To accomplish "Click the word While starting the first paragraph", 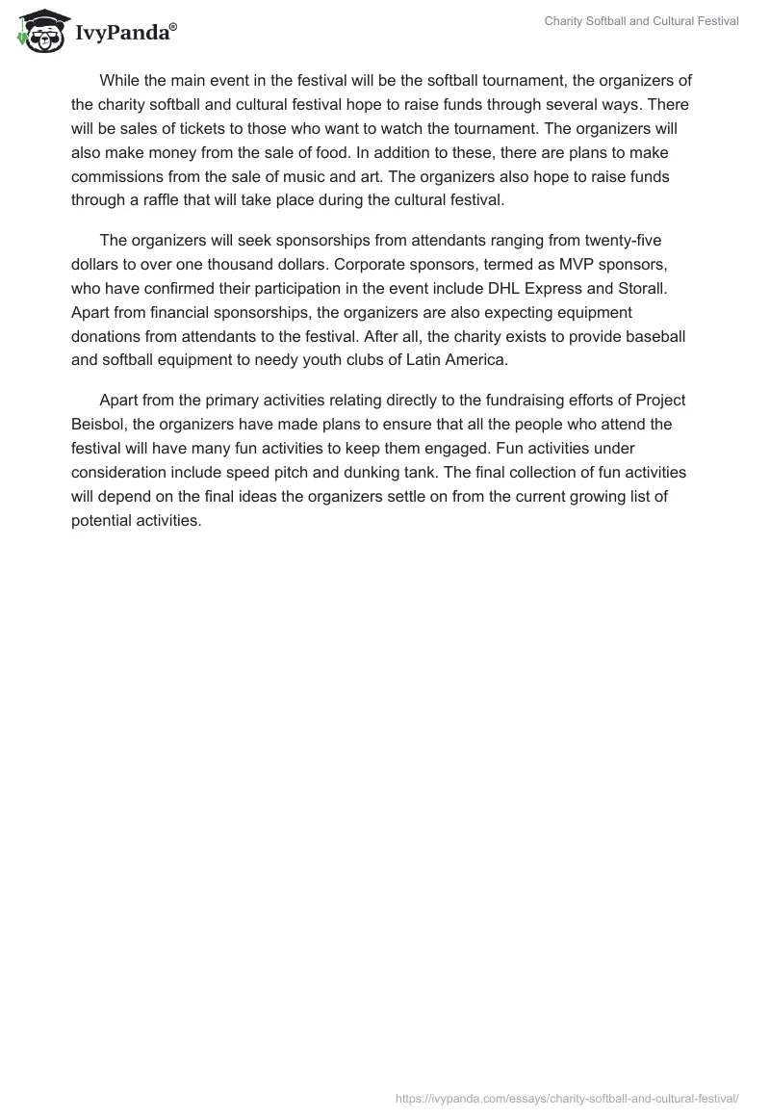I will [120, 80].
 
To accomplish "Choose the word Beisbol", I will [98, 424].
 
